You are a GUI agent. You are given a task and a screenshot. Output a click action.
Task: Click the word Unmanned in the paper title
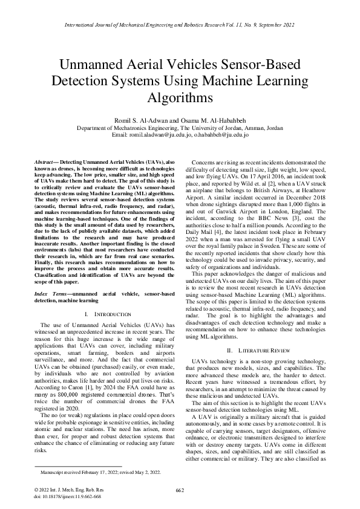[97, 64]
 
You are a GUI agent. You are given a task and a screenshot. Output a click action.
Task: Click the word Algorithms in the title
[180, 97]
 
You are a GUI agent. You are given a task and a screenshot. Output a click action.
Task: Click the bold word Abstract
[44, 164]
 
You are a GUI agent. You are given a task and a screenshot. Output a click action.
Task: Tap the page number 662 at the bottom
[180, 489]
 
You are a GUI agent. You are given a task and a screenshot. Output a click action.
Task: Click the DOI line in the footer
[59, 495]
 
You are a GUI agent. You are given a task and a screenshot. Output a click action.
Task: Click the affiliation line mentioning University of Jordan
[180, 128]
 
